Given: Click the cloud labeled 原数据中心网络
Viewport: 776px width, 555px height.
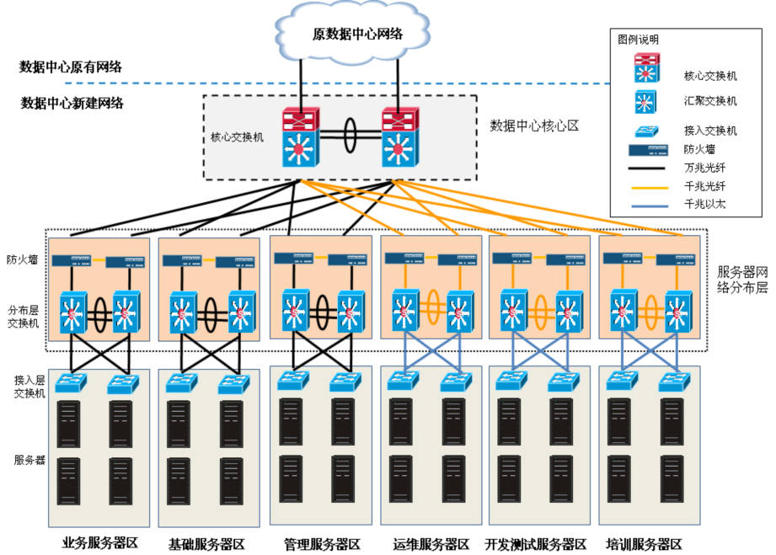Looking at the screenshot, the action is coord(352,33).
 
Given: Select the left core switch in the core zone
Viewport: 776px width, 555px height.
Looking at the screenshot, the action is coord(301,137).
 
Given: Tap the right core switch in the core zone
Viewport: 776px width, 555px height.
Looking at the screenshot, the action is coord(400,137).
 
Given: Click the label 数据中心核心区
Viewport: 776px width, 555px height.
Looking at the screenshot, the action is coord(534,125).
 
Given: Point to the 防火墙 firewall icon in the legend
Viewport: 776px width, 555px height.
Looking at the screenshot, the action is coord(648,149).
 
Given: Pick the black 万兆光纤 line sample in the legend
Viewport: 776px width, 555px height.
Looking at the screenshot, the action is coord(646,168).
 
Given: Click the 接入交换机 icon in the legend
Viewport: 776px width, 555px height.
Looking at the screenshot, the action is coord(646,131).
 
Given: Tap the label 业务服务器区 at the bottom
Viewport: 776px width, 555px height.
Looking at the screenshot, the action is coord(100,542).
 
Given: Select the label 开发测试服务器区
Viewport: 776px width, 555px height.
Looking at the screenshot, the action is coord(536,545).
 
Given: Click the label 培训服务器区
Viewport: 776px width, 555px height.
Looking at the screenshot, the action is coord(644,545).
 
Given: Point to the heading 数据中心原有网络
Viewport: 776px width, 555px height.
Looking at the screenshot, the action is coord(71,67).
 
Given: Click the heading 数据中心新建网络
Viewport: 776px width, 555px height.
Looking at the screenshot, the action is coord(72,103).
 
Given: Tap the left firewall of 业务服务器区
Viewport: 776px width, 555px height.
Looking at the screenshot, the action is coord(72,260).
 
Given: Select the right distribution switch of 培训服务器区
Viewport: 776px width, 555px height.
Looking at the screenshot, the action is coord(678,312).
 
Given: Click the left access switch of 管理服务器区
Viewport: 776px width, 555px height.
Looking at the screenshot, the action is coord(293,381).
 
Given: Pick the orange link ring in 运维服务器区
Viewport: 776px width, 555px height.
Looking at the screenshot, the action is coord(434,307).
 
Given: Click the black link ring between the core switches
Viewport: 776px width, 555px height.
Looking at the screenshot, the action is coord(351,135).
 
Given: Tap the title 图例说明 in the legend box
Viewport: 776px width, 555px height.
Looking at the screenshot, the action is coord(639,40).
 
